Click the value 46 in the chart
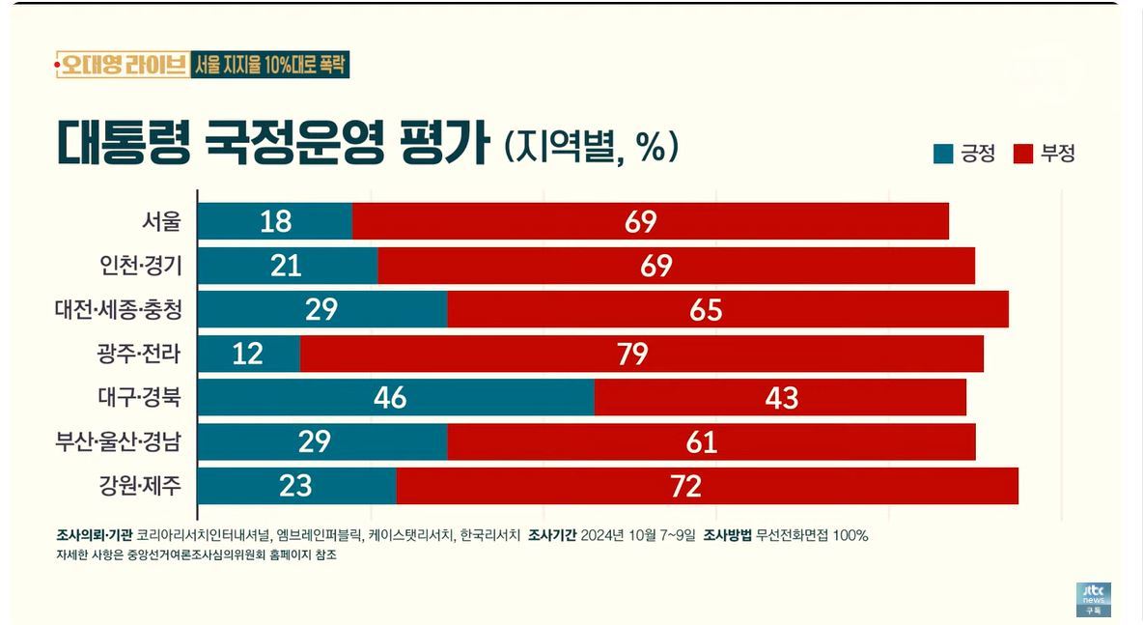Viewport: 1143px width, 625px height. coord(390,397)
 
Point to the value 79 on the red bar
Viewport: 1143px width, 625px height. coord(632,354)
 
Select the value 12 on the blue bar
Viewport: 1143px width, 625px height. coord(248,354)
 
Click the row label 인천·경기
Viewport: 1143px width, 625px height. coord(141,266)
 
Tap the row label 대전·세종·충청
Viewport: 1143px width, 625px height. coord(119,310)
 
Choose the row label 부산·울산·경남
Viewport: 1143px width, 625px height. coord(119,441)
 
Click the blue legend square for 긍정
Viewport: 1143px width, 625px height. coord(942,153)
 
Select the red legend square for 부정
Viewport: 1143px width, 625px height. coord(1023,153)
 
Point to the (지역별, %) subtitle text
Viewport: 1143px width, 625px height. coord(591,146)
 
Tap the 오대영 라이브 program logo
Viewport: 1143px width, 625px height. coord(122,65)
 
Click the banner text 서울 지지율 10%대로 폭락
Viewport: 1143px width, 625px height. coord(271,65)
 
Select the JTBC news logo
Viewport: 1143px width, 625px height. coord(1094,598)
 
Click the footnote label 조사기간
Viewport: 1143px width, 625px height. coord(551,535)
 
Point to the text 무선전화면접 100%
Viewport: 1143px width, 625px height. coord(814,535)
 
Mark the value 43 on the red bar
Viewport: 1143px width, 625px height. coord(781,397)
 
